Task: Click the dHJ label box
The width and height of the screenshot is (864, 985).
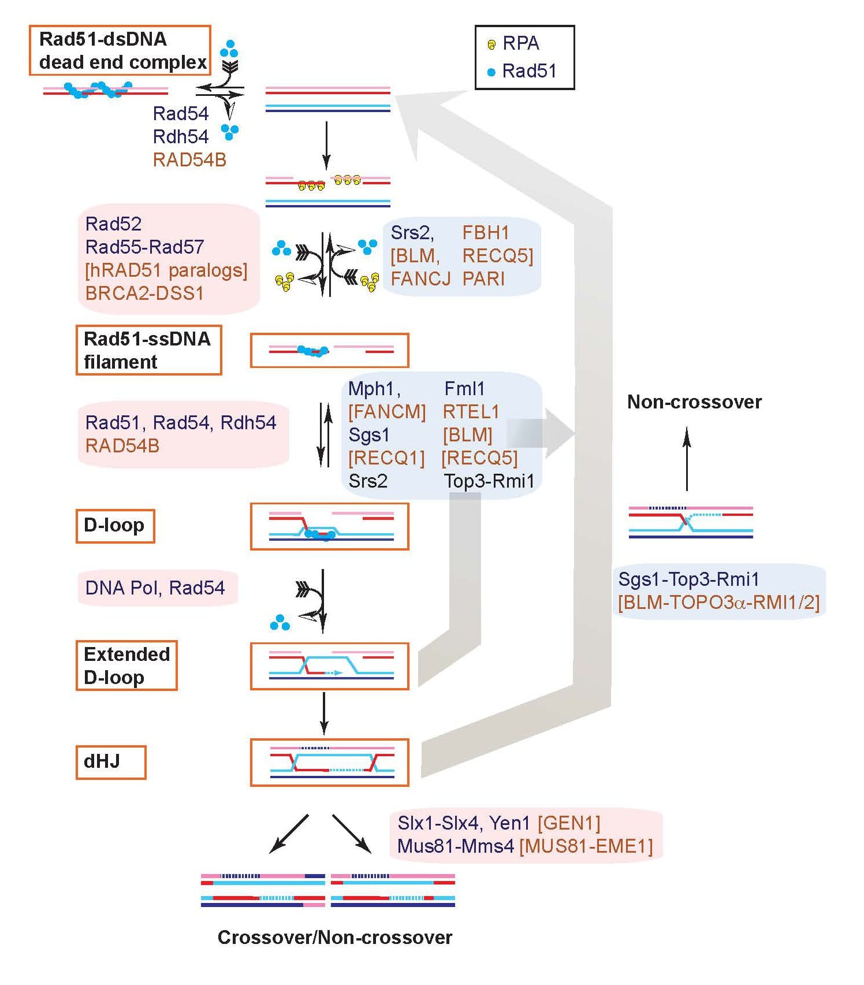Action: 110,762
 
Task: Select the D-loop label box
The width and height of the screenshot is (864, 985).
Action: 115,526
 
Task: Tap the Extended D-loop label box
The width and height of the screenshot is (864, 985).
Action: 126,665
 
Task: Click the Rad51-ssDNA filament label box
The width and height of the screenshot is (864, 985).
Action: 148,350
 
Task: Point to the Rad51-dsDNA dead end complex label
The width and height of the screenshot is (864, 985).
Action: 120,50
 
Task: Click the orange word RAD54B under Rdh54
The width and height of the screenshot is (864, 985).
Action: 189,160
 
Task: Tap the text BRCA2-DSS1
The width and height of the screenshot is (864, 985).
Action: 144,293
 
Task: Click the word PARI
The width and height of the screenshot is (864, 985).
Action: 483,279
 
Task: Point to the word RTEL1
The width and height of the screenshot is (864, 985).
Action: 471,412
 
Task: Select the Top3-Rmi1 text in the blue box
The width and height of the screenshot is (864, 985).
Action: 489,481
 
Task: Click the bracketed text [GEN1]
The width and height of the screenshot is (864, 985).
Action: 569,823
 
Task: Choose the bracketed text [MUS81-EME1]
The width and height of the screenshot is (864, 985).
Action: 586,846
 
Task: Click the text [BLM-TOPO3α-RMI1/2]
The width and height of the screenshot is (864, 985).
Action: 718,603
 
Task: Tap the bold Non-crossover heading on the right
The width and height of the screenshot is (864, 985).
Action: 694,402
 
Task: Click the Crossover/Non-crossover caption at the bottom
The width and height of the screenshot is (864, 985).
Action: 335,937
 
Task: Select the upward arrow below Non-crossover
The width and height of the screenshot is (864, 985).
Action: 687,459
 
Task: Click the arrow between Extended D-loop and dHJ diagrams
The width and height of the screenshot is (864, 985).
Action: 324,713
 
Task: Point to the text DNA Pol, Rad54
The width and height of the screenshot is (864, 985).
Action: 155,588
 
